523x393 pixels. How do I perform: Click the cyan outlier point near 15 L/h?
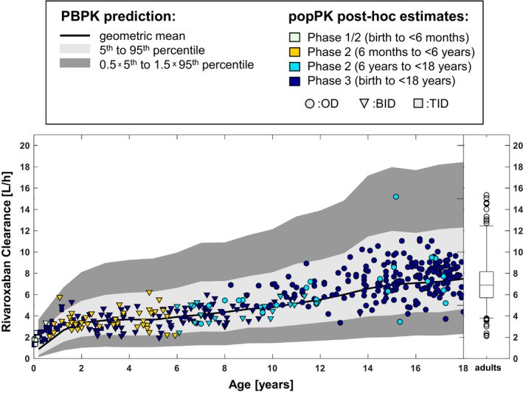tap(396, 197)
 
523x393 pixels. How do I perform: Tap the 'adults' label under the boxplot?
tap(485, 368)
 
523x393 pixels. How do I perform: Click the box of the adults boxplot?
tap(485, 284)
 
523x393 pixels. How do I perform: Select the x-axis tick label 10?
tap(272, 368)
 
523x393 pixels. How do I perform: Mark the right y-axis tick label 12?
tap(508, 231)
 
